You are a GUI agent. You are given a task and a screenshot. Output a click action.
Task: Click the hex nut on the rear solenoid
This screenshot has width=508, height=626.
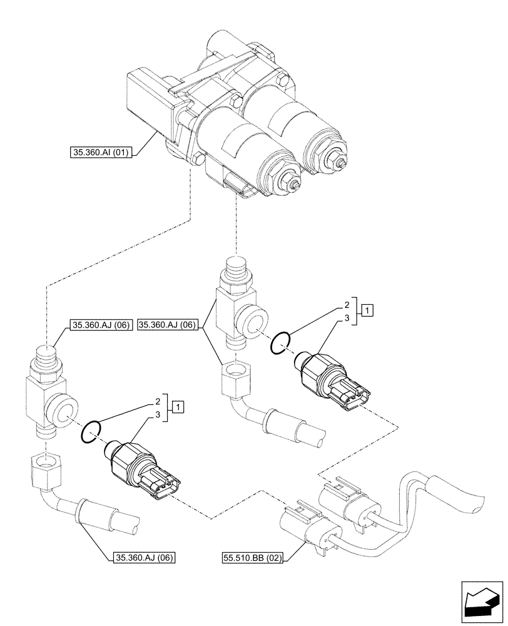tap(338, 162)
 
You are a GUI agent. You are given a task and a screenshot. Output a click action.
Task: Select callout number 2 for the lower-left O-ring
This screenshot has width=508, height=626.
tap(157, 401)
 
